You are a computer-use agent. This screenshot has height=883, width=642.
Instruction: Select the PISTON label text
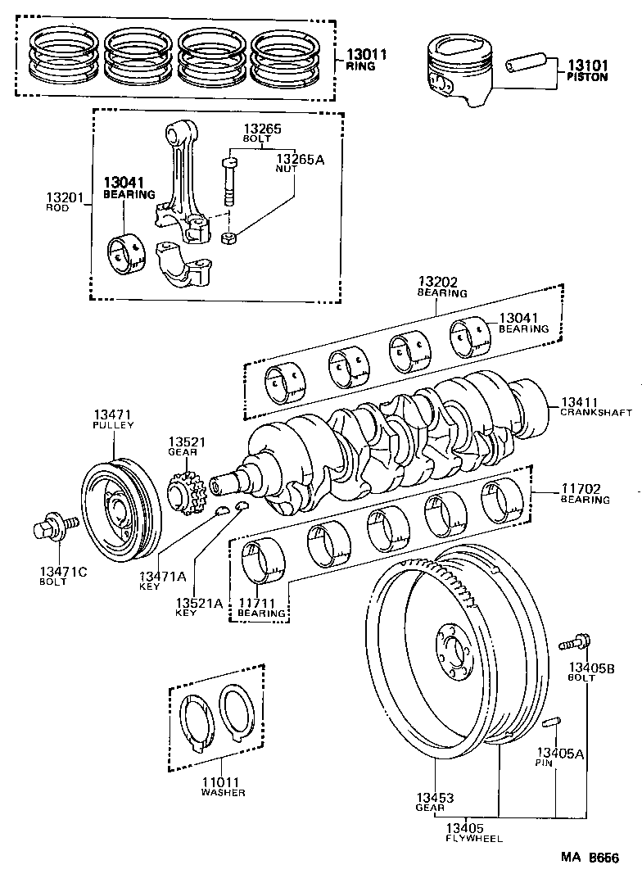tap(587, 77)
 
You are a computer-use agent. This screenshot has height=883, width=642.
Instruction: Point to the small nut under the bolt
tap(230, 238)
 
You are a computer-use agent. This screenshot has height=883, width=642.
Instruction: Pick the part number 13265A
tap(300, 159)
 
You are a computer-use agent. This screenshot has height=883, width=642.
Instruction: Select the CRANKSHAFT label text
tap(595, 413)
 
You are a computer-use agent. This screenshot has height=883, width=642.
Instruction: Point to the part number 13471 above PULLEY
tap(112, 415)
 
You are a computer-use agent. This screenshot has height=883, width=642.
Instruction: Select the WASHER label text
tap(224, 792)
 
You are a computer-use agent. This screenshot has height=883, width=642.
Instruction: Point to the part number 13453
tap(434, 798)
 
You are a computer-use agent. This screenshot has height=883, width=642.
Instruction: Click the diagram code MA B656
tap(589, 858)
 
